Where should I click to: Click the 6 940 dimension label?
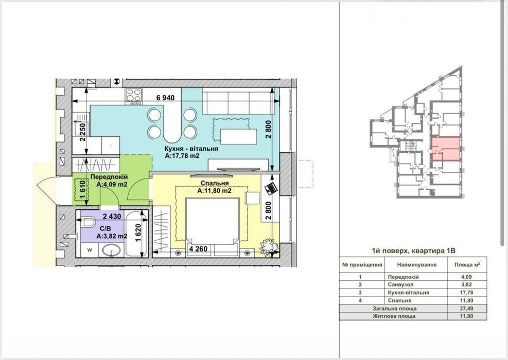165,98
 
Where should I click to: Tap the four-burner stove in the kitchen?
134,96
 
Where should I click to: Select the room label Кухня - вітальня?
191,149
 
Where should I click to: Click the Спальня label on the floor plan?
215,184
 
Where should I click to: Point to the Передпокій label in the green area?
109,177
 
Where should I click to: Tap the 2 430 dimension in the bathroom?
112,217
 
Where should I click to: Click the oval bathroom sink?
112,250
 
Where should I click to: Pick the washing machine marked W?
90,250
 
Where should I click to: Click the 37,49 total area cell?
467,309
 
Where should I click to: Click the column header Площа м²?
467,264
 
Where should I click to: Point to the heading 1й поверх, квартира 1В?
414,250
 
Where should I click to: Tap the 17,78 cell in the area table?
467,292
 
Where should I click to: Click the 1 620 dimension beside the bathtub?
138,233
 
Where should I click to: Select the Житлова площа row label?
394,316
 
